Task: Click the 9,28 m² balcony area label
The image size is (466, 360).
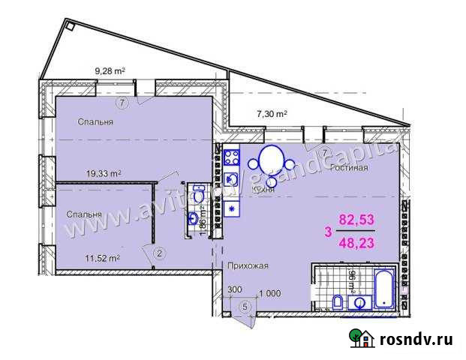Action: [x=109, y=71]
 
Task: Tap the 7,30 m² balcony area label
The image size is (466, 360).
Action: [x=272, y=115]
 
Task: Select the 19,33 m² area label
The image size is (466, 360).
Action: [x=104, y=173]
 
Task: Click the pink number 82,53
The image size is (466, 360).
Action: [x=356, y=220]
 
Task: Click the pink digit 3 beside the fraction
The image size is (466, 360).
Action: [x=327, y=232]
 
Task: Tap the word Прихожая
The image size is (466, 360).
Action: [x=248, y=265]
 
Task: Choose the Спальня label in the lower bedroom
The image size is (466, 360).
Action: [x=84, y=214]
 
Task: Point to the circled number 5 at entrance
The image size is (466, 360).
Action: [x=244, y=306]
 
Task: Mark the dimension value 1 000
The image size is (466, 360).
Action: [x=269, y=292]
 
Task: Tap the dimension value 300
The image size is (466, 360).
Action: [x=235, y=289]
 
